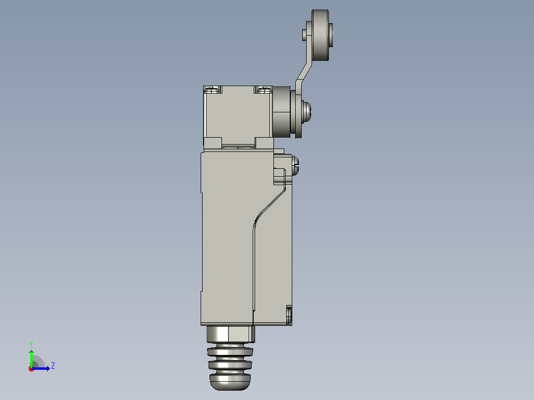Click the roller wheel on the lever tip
point(320,35)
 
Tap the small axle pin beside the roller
point(304,35)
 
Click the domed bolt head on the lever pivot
point(307,111)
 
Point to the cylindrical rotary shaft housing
point(282,112)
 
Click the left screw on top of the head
point(213,90)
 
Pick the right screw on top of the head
point(264,90)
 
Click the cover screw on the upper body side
point(295,166)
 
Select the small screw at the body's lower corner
point(289,314)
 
